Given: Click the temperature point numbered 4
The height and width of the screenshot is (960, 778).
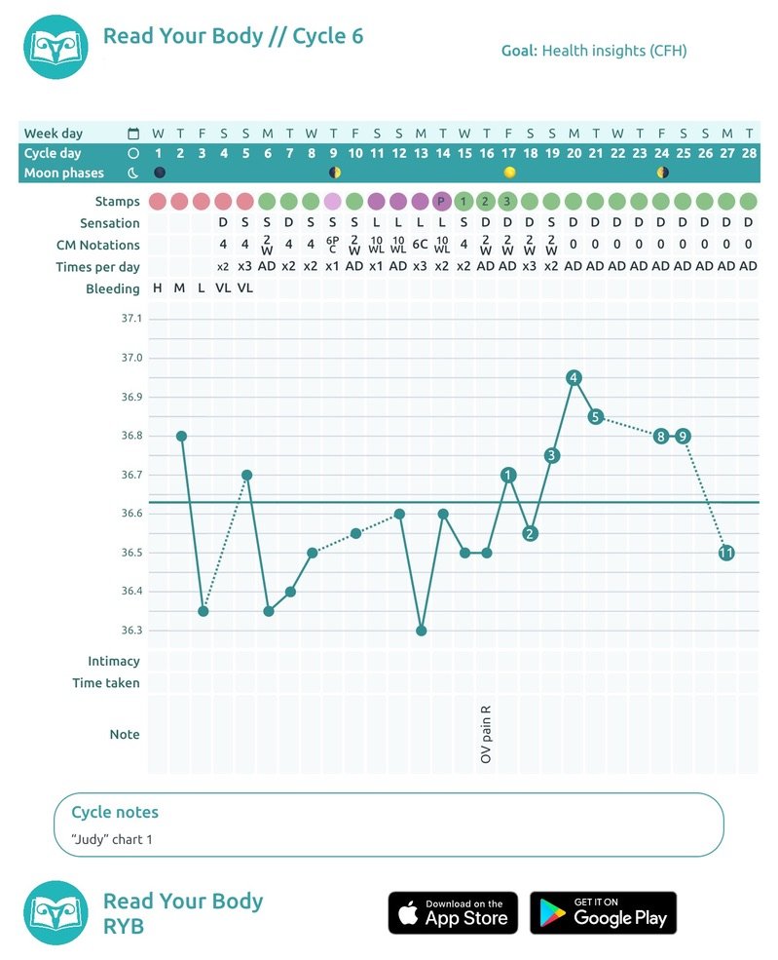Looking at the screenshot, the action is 574,378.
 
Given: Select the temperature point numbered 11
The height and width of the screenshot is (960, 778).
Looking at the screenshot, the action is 726,553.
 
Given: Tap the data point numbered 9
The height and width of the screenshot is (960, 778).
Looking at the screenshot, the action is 683,437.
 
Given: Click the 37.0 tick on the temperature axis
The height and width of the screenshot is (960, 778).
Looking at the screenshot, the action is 131,358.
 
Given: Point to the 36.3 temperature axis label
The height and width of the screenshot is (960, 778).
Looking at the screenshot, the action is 131,630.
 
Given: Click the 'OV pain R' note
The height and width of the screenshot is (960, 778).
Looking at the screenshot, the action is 486,734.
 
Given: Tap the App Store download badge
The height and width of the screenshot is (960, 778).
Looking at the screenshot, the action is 453,913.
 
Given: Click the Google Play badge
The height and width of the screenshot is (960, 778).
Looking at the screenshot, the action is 603,913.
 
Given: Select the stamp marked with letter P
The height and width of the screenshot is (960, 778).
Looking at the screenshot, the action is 441,201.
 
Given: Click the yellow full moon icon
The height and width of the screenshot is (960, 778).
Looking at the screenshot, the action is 509,173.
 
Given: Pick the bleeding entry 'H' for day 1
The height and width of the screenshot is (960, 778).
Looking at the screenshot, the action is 158,288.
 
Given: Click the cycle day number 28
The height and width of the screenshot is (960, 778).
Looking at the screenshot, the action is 749,153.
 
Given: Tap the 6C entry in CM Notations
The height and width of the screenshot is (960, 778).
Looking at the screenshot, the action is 420,245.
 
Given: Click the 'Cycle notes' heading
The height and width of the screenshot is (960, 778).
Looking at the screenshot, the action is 115,812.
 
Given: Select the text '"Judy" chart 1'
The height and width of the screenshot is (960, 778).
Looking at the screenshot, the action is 112,839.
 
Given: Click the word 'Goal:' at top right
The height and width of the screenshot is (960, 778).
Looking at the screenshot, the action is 519,51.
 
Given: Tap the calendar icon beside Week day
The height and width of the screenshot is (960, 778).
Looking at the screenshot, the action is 132,134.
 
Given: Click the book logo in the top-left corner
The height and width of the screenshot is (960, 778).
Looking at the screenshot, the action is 56,47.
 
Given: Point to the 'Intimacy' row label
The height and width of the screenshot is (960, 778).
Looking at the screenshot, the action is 114,661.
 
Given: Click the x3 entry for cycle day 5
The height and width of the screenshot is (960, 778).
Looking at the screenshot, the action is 244,266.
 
